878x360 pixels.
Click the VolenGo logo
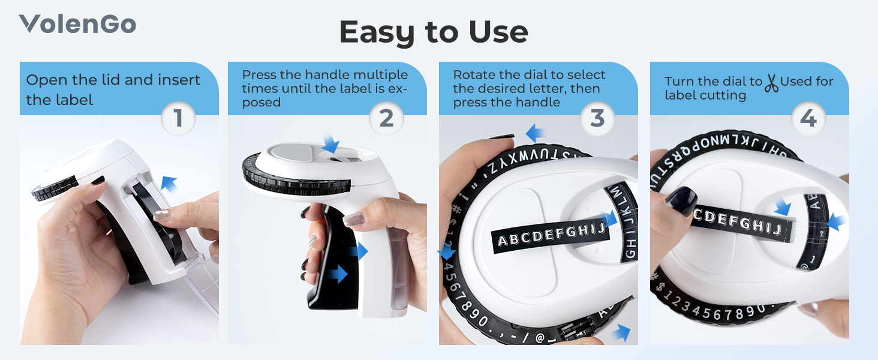coord(77,24)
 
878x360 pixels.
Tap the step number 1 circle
coord(178,118)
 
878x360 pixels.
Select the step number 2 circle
coord(386,118)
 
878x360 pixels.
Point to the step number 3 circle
coord(597,118)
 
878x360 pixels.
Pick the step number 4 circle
coord(808,118)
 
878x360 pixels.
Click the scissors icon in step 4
coord(771,82)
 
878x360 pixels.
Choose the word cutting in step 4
coord(724,95)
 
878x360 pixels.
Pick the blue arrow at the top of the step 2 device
coord(330,143)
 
